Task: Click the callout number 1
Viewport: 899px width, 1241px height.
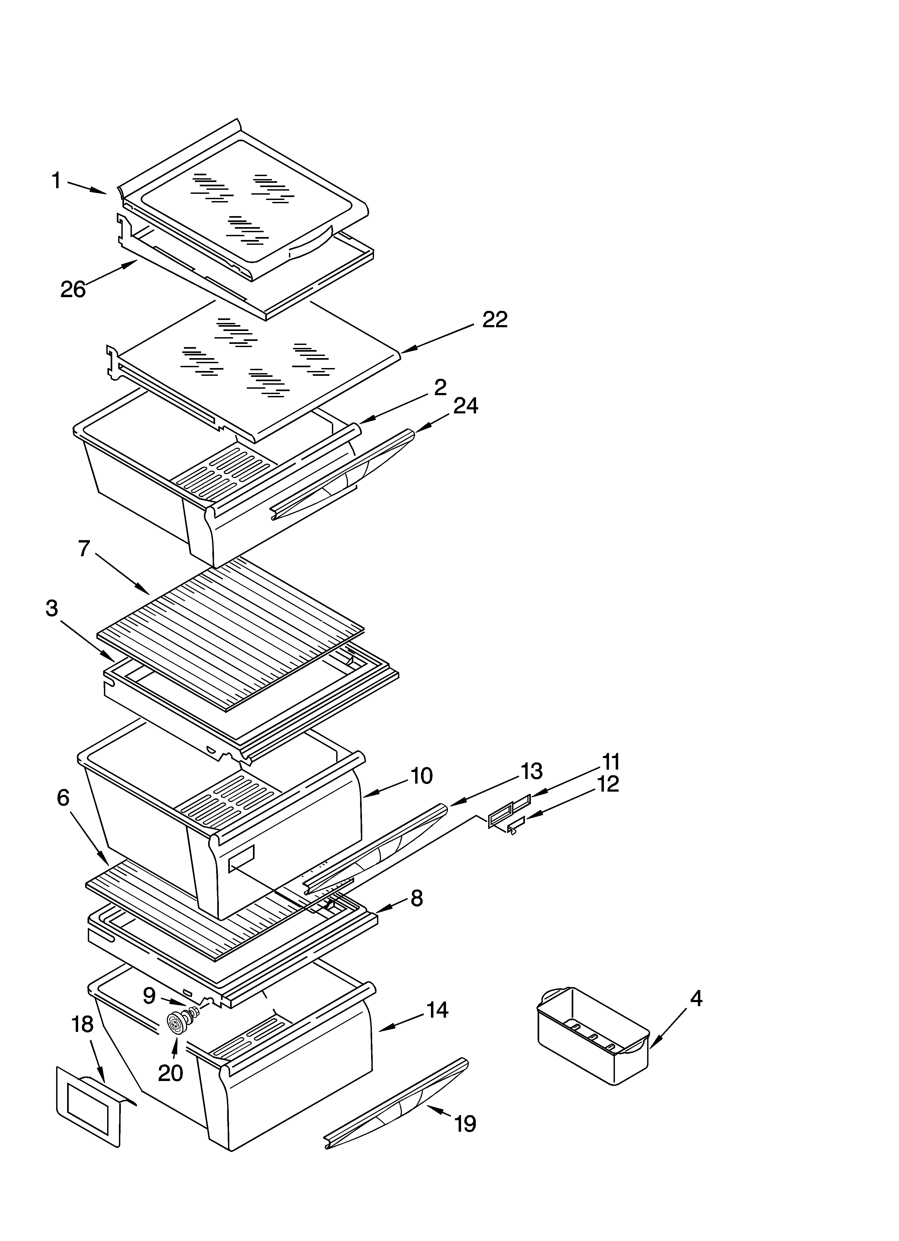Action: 56,180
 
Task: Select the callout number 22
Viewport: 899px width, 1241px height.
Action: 494,320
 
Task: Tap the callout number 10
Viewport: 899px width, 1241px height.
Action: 421,776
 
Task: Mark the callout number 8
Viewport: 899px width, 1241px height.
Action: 417,898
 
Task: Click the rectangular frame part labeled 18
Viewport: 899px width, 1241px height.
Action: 88,1111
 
